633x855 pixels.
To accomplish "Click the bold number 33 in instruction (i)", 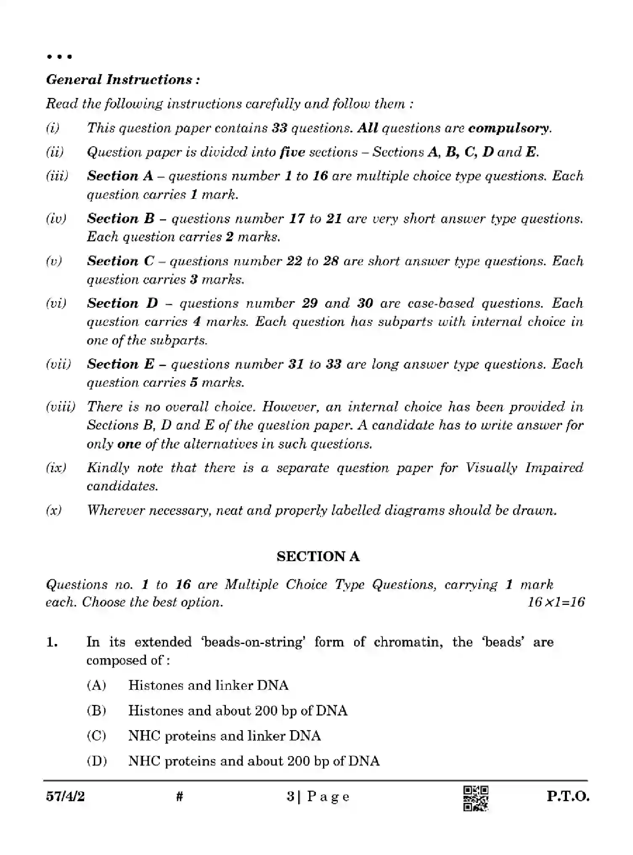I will (x=279, y=128).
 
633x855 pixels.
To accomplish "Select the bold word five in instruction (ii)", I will (x=292, y=152).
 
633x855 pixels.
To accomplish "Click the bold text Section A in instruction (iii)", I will (x=120, y=176).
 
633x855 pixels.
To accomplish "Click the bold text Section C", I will (x=120, y=261).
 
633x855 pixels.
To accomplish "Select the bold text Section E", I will (x=120, y=364).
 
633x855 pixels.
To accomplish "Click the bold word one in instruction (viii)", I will (x=129, y=444).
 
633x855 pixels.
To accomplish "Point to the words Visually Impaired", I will (x=524, y=467).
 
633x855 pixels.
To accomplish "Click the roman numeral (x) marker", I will (x=54, y=510).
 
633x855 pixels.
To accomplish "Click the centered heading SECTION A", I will (x=318, y=557).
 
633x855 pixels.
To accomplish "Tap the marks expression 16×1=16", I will (x=556, y=602).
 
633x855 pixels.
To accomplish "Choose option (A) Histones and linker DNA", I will (x=208, y=686).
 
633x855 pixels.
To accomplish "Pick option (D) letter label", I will (x=97, y=761).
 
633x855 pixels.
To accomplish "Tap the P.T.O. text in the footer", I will (x=568, y=797).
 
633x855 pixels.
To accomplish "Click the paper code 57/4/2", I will (x=65, y=797).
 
